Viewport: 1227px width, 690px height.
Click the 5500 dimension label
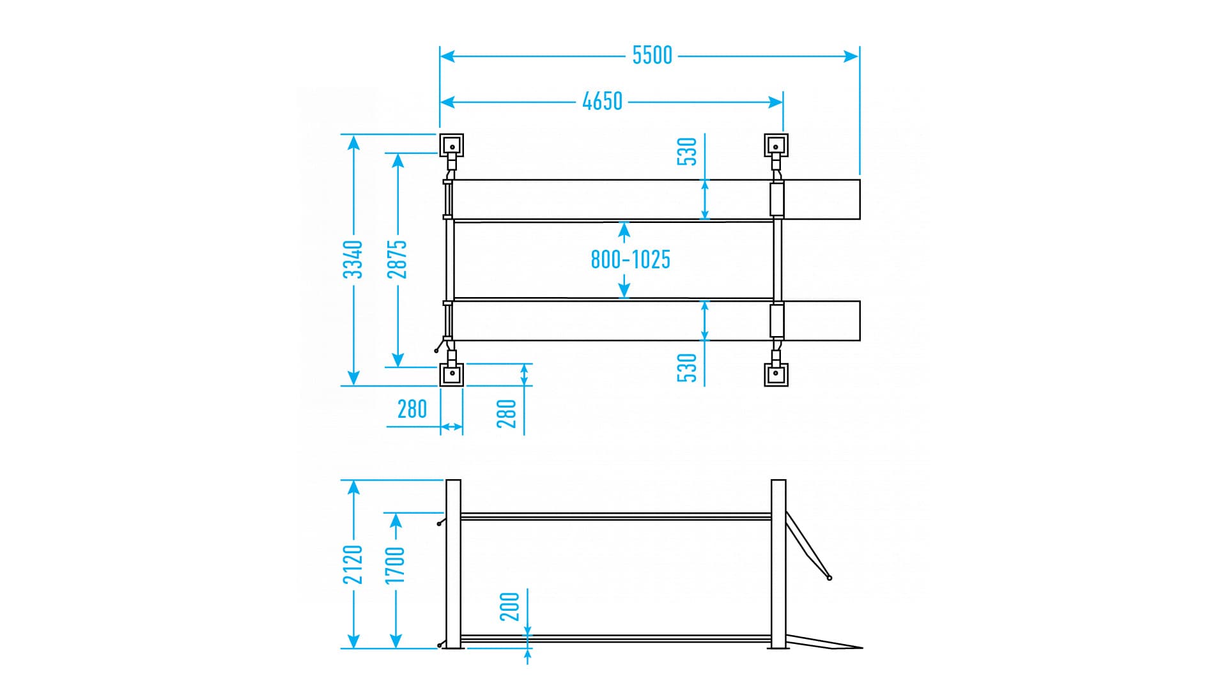[652, 56]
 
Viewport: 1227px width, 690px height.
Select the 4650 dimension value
[602, 102]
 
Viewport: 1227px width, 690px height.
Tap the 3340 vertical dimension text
[353, 259]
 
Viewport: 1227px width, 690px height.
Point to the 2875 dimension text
[397, 259]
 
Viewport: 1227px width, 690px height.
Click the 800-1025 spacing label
[630, 259]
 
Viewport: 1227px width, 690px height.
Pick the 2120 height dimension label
[353, 564]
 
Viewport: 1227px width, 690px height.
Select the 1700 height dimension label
[395, 565]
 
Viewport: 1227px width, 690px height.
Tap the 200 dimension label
[509, 607]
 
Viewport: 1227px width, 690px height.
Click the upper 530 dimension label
[687, 151]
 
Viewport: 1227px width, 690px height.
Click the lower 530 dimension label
[687, 368]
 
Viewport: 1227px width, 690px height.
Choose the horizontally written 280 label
[412, 409]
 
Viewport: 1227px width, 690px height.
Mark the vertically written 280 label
[506, 413]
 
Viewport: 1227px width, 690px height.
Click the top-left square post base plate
[451, 146]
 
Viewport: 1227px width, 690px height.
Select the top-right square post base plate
[776, 146]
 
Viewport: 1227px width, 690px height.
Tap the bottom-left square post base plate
[451, 374]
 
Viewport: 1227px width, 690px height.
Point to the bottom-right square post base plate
[776, 374]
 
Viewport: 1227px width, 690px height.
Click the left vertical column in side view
[453, 564]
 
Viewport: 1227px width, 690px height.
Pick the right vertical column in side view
[778, 564]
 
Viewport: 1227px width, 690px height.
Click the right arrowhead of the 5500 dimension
[851, 56]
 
